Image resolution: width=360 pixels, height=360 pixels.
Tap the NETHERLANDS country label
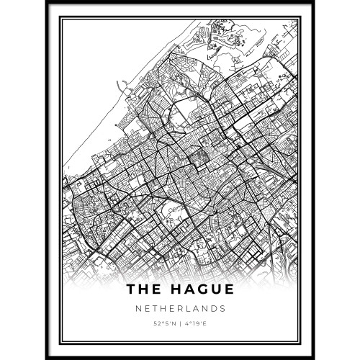coord(179,308)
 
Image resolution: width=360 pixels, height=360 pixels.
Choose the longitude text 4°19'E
coord(197,323)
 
